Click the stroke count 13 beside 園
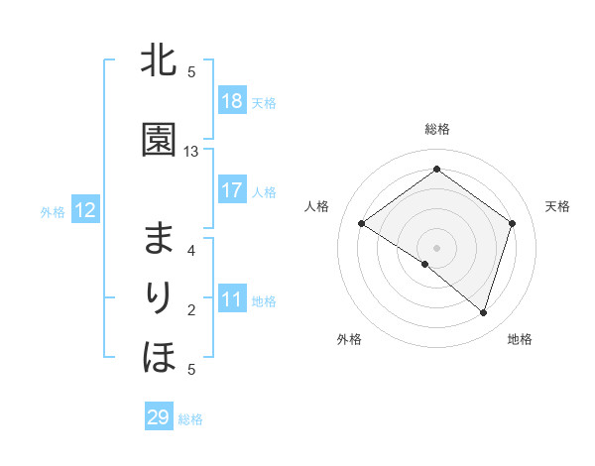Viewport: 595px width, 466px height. click(191, 152)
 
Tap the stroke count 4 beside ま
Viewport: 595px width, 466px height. click(191, 251)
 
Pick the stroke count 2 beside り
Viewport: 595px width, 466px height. click(191, 310)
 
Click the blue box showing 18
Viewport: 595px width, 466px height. click(231, 101)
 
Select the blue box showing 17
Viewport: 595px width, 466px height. click(231, 190)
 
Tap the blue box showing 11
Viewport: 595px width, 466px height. click(231, 299)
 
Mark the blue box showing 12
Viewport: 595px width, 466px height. click(84, 210)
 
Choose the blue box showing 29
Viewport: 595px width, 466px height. click(159, 417)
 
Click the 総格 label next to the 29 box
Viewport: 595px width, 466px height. click(190, 419)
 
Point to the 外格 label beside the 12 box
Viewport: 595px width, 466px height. click(53, 211)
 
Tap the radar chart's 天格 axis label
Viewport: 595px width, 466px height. click(557, 206)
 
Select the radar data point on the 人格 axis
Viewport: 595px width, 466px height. click(362, 224)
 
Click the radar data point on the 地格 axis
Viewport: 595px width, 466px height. click(483, 312)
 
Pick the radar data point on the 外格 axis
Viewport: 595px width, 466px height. click(424, 264)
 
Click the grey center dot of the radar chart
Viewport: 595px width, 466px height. click(436, 247)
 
